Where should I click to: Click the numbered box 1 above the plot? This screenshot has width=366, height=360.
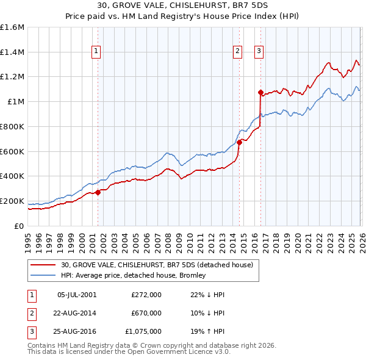[96, 52]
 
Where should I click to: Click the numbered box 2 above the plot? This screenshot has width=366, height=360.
[237, 52]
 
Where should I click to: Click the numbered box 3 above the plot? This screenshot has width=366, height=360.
[259, 52]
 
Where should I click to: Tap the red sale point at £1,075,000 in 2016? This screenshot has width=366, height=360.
[260, 93]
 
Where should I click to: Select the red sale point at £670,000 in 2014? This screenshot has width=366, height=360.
[239, 143]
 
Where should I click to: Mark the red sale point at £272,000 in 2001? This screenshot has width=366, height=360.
[98, 192]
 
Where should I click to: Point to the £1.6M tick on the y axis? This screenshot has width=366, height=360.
[12, 27]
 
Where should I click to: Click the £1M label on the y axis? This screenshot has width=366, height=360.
[15, 102]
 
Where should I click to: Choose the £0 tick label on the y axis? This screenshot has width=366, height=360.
[20, 226]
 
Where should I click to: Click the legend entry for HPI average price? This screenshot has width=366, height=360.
[133, 275]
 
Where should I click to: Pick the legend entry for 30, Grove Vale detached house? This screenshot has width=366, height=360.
[160, 265]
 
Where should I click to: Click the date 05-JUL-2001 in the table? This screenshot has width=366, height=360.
[77, 295]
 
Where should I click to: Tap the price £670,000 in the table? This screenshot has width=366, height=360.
[146, 313]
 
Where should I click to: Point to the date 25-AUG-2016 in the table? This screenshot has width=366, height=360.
[77, 331]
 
